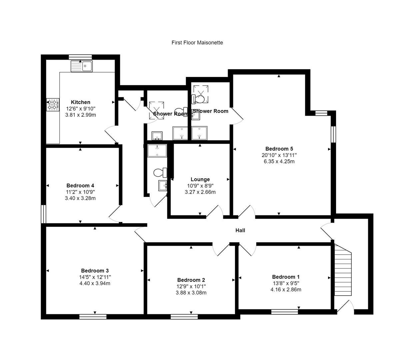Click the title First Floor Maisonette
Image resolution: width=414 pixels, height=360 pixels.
[x=197, y=43]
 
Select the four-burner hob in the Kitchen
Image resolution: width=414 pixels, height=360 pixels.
[x=52, y=104]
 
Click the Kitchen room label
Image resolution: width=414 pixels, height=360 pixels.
[x=81, y=102]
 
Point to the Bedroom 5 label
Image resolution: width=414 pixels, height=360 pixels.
[x=279, y=149]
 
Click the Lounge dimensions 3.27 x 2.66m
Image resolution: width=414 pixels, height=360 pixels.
[x=200, y=192]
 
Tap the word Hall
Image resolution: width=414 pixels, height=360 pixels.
[x=240, y=230]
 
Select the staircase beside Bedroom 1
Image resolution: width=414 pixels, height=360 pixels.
[x=343, y=270]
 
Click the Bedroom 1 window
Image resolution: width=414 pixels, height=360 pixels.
[x=284, y=312]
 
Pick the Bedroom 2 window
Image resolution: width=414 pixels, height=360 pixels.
[x=184, y=316]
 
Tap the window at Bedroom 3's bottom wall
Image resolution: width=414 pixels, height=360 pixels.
[x=93, y=316]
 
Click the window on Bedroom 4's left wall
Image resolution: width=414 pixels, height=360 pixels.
[x=43, y=214]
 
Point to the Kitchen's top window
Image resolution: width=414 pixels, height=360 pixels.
[x=80, y=57]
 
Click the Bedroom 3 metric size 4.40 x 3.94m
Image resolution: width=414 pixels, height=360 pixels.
[x=95, y=283]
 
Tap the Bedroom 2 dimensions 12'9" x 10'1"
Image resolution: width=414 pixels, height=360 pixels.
[x=191, y=286]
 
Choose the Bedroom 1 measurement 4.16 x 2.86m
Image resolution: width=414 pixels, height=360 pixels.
[x=286, y=289]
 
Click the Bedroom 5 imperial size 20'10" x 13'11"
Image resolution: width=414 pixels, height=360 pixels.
[x=279, y=155]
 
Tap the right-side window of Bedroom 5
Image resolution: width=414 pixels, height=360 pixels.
[x=333, y=134]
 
